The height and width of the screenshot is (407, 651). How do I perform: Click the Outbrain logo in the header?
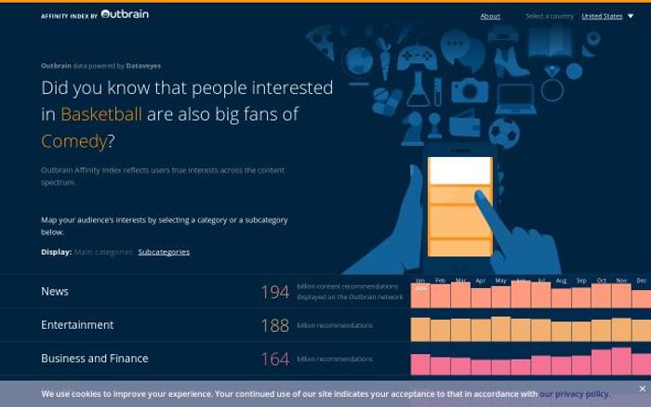[x=125, y=15]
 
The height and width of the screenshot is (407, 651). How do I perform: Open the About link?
[x=490, y=16]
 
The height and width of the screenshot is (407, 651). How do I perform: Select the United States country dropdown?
[x=606, y=16]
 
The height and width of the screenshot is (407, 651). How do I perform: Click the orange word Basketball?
[x=101, y=114]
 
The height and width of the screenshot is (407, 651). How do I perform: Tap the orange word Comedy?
[x=73, y=141]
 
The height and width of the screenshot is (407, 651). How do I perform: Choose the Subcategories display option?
[x=164, y=252]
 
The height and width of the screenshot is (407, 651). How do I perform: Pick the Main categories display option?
[x=103, y=252]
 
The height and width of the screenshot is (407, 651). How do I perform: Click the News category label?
[x=55, y=292]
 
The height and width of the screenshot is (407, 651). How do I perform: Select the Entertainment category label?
[x=77, y=325]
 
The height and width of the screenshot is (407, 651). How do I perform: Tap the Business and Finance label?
[x=95, y=359]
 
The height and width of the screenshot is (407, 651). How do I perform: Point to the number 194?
[x=274, y=293]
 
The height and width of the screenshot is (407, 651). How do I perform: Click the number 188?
[x=274, y=326]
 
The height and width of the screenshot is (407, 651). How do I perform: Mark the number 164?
[x=274, y=360]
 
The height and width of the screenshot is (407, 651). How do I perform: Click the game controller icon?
[x=415, y=59]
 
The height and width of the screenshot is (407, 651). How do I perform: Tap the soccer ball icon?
[x=503, y=133]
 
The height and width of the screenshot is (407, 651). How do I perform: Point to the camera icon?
[x=470, y=90]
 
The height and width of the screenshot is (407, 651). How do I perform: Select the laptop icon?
[x=515, y=97]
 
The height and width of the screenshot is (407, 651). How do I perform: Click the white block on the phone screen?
[x=459, y=170]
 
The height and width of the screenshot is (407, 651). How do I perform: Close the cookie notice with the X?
[x=642, y=388]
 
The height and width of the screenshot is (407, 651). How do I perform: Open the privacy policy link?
[x=574, y=394]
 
